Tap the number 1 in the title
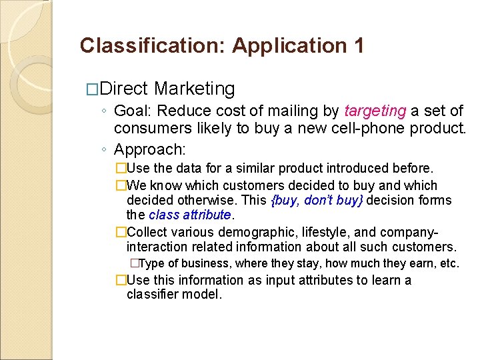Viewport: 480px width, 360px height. coord(358,46)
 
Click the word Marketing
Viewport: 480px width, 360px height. coord(194,89)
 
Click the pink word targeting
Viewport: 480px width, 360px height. coord(375,111)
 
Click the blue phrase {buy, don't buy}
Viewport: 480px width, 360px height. coord(317,200)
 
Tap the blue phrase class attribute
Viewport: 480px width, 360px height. coord(189,215)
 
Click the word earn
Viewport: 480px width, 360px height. coord(411,263)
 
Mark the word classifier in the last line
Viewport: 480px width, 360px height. coord(151,294)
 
